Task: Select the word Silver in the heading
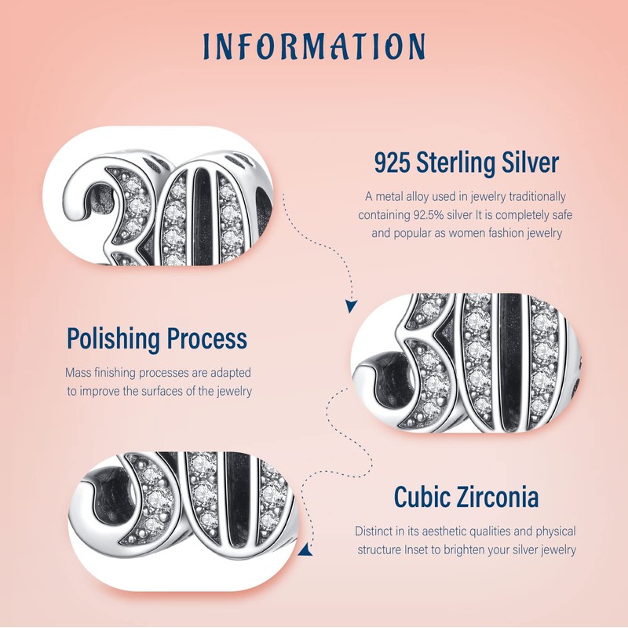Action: tap(531, 163)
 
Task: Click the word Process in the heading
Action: tap(206, 339)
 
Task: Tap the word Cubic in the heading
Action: tap(423, 498)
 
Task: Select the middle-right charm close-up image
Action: tap(466, 362)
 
